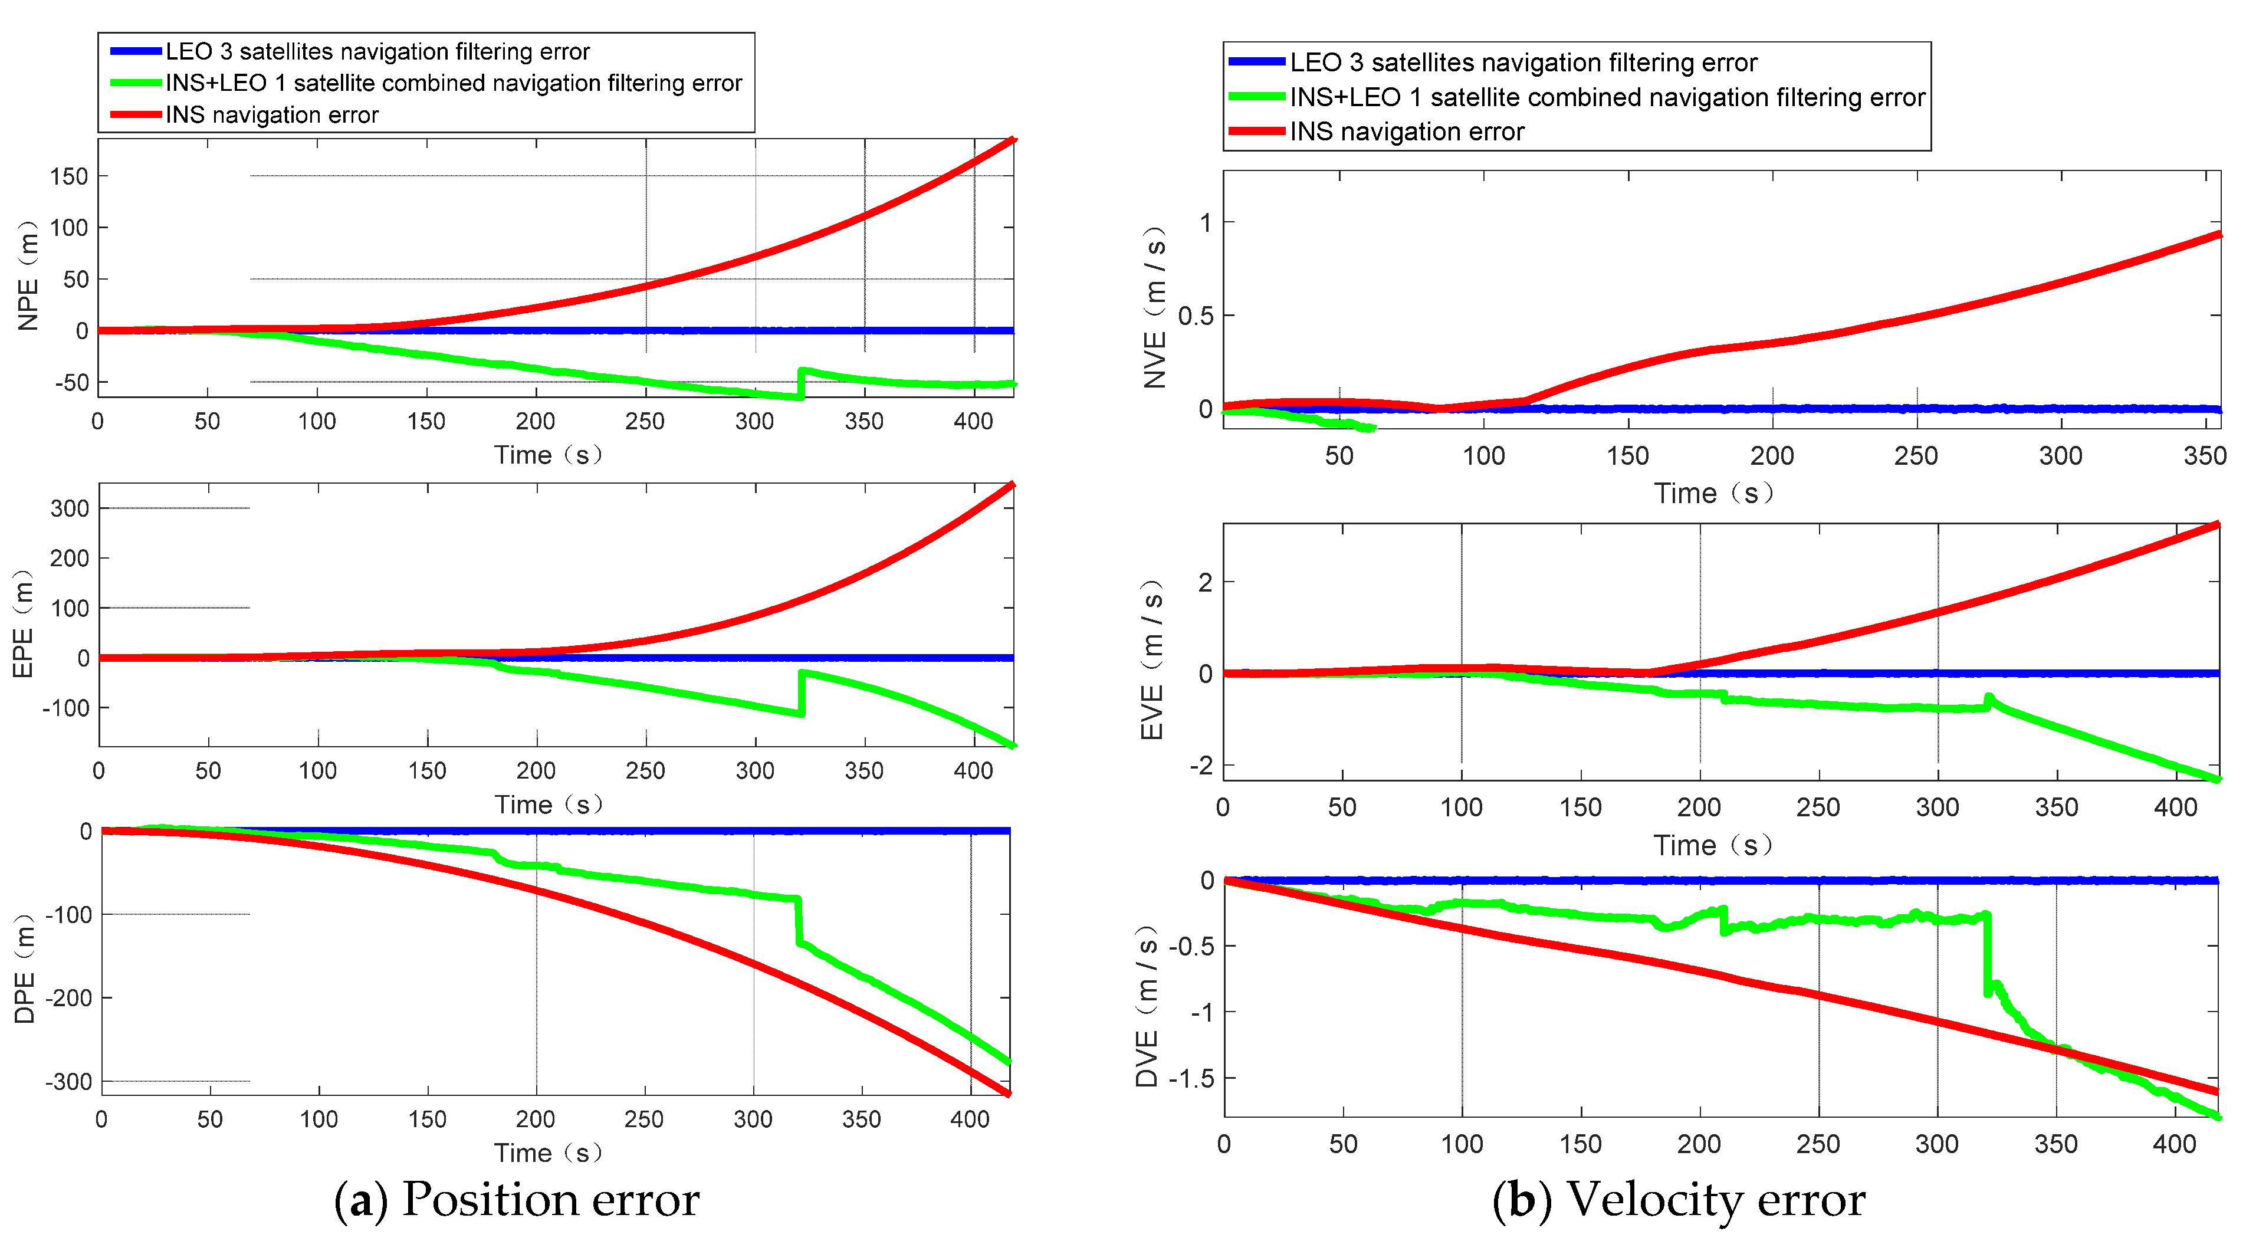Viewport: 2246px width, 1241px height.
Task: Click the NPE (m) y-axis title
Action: tap(28, 275)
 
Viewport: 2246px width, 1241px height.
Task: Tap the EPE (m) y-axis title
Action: tap(24, 623)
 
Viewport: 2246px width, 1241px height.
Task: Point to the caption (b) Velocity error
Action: tap(1679, 1200)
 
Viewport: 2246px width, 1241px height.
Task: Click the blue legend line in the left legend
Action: tap(135, 51)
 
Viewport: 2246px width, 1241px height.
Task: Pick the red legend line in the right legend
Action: tap(1256, 132)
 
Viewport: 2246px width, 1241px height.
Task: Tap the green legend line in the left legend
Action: tap(135, 83)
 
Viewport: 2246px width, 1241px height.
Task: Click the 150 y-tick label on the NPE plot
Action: tap(69, 177)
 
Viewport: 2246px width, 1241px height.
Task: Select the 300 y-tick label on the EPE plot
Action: tap(70, 508)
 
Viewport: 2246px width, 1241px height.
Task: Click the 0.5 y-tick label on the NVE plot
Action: tap(1196, 316)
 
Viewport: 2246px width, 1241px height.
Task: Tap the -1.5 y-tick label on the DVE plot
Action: tap(1190, 1079)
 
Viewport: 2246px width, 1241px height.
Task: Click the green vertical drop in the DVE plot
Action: tap(1987, 955)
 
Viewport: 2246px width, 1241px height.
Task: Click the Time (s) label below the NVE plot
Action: tap(1713, 494)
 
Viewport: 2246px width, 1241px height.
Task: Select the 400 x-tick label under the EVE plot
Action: tap(2175, 807)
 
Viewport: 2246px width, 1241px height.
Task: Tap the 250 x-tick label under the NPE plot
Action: tap(645, 422)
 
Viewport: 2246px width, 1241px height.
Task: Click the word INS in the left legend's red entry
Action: tap(185, 115)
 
